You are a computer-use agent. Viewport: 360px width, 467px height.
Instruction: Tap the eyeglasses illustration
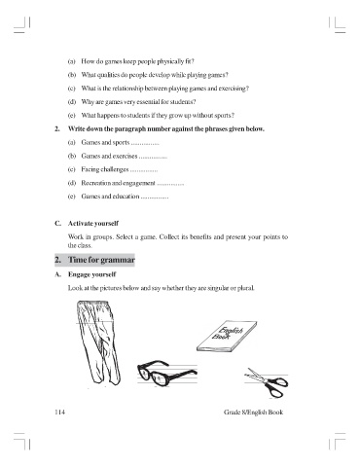tap(166, 374)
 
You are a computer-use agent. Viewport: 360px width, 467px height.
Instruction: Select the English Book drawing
tap(227, 336)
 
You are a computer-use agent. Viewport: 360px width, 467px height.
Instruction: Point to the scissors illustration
tap(267, 382)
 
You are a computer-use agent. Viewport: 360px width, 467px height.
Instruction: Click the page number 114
tap(59, 413)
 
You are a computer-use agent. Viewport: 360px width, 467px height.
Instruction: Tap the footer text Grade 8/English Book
tap(253, 413)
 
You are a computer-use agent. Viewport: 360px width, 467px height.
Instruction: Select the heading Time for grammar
tap(101, 260)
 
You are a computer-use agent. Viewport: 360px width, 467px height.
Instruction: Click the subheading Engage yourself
tap(91, 274)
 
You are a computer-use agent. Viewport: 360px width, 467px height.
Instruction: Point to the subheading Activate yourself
tap(93, 224)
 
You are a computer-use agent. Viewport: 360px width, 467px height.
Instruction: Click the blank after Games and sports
tap(145, 144)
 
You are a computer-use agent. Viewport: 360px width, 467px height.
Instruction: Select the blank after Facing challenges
tap(144, 171)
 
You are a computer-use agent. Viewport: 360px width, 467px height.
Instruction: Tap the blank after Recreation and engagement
tap(170, 185)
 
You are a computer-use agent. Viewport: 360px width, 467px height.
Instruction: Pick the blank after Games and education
tap(155, 198)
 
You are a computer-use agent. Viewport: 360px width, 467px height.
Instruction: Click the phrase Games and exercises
tap(109, 156)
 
